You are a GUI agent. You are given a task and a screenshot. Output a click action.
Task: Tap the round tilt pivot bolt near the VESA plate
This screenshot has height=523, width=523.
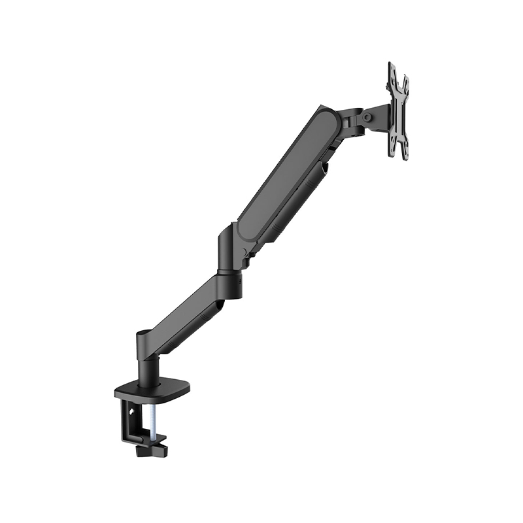coord(367,117)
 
